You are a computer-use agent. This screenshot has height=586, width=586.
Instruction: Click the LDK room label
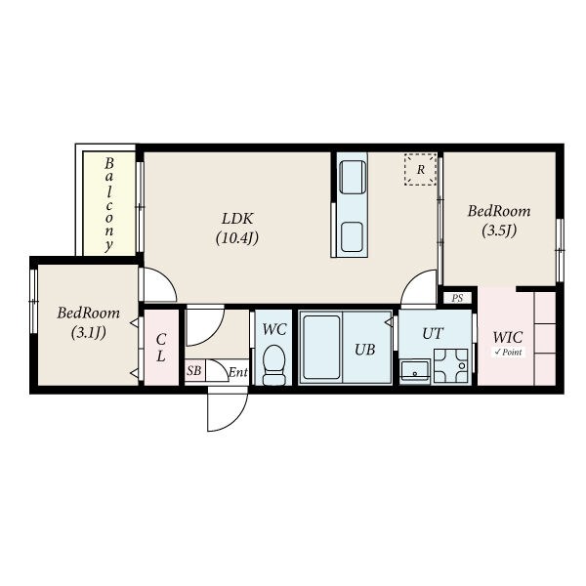(237, 219)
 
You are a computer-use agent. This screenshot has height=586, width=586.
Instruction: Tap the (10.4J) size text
(237, 238)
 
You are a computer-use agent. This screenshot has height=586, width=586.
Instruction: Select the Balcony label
(108, 204)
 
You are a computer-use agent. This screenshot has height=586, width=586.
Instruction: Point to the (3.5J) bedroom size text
(499, 230)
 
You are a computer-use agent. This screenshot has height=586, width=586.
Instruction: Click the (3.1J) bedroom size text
(89, 332)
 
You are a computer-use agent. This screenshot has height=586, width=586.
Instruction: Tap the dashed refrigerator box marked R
(420, 169)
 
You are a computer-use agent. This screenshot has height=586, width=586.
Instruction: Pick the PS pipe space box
(457, 298)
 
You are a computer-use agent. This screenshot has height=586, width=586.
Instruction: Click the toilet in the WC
(273, 364)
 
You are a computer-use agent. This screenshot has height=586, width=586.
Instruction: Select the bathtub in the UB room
(321, 347)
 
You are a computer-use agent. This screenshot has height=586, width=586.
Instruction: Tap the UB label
(364, 350)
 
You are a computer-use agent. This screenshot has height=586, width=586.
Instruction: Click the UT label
(433, 333)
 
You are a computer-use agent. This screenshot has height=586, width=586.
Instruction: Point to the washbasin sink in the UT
(415, 371)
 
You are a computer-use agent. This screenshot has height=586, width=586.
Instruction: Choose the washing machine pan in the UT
(450, 365)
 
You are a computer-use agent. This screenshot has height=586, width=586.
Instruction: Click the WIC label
(508, 338)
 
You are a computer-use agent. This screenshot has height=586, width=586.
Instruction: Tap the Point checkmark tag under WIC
(508, 352)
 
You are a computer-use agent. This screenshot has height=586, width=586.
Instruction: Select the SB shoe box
(194, 371)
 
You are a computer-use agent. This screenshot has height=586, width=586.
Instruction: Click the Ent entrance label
(238, 372)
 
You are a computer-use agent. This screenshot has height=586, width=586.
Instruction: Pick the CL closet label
(161, 348)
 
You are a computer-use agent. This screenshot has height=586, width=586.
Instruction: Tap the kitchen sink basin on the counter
(352, 237)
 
